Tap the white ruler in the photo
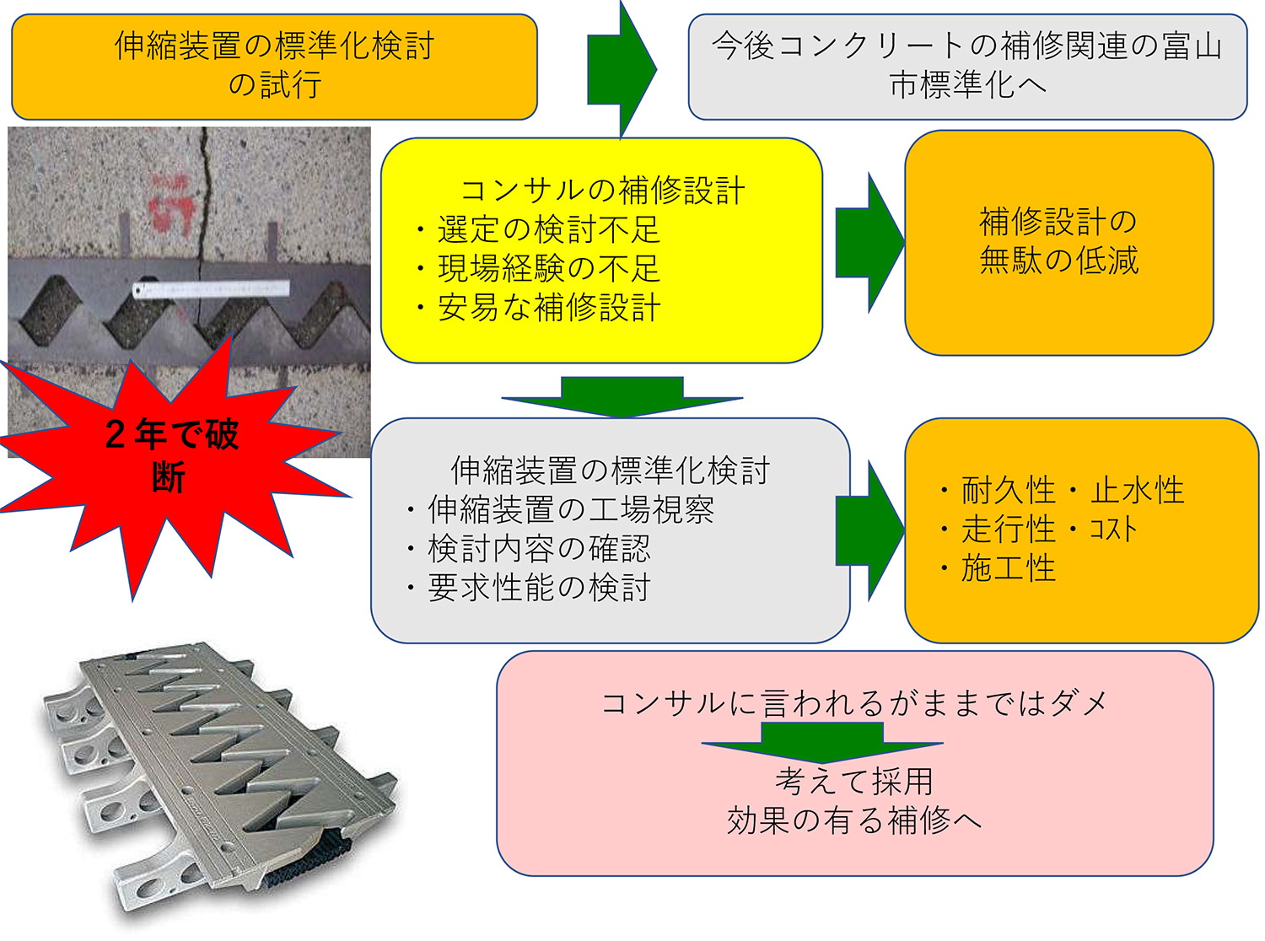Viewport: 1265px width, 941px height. pos(211,289)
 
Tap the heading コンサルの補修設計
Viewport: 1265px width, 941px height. pos(602,190)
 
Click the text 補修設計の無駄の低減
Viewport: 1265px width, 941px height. pos(1058,241)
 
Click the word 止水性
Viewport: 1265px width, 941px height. pos(1138,490)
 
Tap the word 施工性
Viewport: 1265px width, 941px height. pos(1008,568)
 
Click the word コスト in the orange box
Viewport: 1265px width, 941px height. pos(1113,530)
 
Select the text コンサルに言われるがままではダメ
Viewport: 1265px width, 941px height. pos(853,702)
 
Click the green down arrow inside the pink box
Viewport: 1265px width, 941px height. pos(821,741)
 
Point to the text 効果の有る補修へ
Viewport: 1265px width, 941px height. pos(853,820)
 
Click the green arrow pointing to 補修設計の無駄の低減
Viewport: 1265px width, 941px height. pos(869,243)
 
